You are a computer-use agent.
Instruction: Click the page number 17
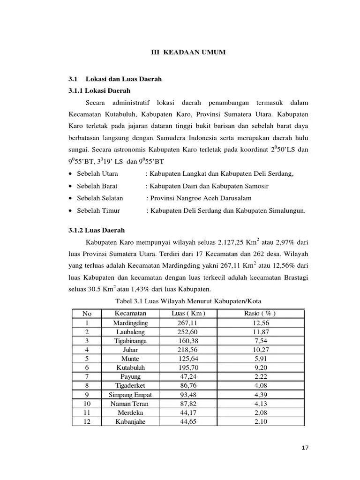(305, 448)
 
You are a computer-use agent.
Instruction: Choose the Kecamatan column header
(130, 313)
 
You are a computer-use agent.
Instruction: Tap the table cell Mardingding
(130, 323)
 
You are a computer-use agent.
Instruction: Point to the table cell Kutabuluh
(130, 368)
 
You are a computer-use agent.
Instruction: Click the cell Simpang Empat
(130, 395)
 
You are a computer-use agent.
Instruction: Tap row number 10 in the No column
(87, 404)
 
